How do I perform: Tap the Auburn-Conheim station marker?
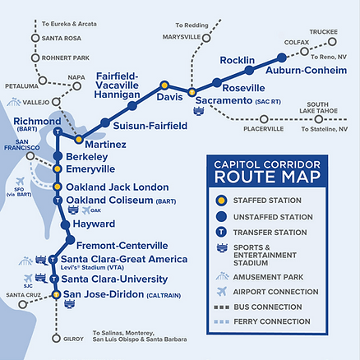282,58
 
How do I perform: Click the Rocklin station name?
238,60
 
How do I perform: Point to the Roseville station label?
244,87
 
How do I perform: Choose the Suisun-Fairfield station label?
150,126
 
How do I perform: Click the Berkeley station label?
86,156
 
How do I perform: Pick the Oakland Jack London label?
118,187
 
